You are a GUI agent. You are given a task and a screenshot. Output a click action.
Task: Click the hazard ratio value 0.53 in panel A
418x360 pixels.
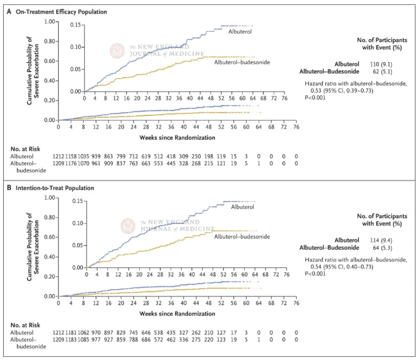[x=315, y=90]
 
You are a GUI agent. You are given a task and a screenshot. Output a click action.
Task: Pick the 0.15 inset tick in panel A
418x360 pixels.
[x=74, y=25]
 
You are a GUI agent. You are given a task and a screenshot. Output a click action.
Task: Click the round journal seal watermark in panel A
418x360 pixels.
[x=117, y=50]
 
